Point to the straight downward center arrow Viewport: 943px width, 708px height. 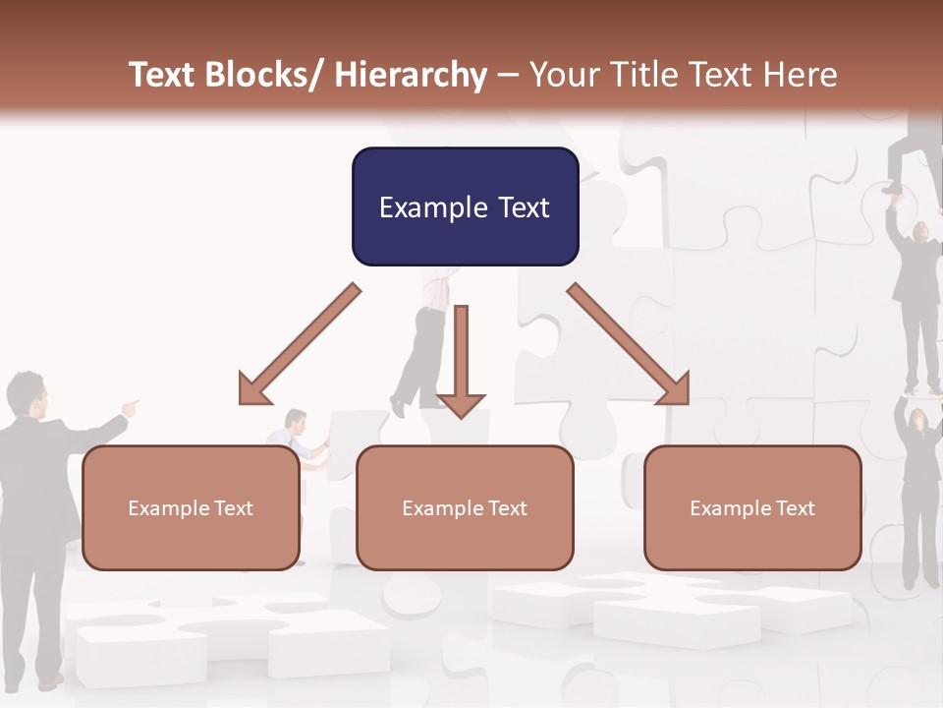click(461, 364)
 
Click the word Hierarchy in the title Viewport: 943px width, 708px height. click(411, 75)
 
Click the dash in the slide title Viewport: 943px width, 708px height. click(508, 75)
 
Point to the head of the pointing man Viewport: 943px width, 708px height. click(27, 393)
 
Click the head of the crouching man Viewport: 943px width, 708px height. click(295, 420)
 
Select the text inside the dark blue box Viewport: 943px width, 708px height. click(465, 207)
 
